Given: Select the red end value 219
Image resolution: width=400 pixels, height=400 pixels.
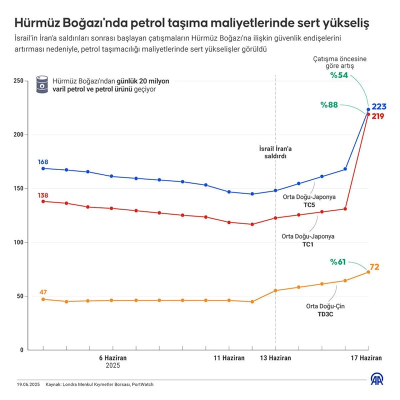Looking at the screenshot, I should coord(378,116).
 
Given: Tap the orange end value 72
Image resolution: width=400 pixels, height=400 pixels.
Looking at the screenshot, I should coord(374,267).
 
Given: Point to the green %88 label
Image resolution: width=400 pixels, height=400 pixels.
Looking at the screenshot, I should coord(330,105).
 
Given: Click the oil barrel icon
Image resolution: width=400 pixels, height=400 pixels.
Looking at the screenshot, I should coord(41,85).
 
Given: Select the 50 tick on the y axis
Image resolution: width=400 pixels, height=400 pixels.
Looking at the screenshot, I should coord(20,296).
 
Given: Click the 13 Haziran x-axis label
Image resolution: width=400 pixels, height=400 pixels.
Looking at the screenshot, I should coord(275,358).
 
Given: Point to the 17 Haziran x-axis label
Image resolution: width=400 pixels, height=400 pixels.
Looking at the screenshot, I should coord(365,358).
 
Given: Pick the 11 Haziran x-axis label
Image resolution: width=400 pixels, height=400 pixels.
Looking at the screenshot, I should coord(229,358).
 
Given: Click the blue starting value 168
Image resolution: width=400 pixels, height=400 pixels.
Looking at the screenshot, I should coord(43,162).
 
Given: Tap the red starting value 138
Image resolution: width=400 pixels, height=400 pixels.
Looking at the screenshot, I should coord(43,195).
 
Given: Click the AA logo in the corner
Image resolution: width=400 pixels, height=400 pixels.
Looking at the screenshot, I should coord(377,379).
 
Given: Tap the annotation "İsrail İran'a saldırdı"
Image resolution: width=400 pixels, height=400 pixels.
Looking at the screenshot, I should coord(275,152).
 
